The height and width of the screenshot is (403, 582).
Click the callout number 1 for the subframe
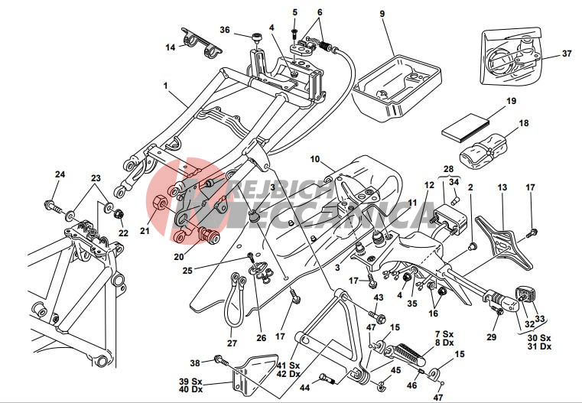pyautogui.click(x=164, y=86)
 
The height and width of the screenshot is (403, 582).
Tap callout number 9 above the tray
pyautogui.click(x=382, y=14)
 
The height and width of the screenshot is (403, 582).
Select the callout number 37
pyautogui.click(x=566, y=54)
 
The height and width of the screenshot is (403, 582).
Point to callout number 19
pyautogui.click(x=511, y=101)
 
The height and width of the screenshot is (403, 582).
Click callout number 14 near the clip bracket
pyautogui.click(x=170, y=47)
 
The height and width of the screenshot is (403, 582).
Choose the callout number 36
pyautogui.click(x=225, y=30)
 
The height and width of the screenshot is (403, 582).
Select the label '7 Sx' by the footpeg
pyautogui.click(x=444, y=335)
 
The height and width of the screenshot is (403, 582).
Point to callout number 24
pyautogui.click(x=60, y=174)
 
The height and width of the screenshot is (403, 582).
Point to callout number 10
pyautogui.click(x=314, y=159)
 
